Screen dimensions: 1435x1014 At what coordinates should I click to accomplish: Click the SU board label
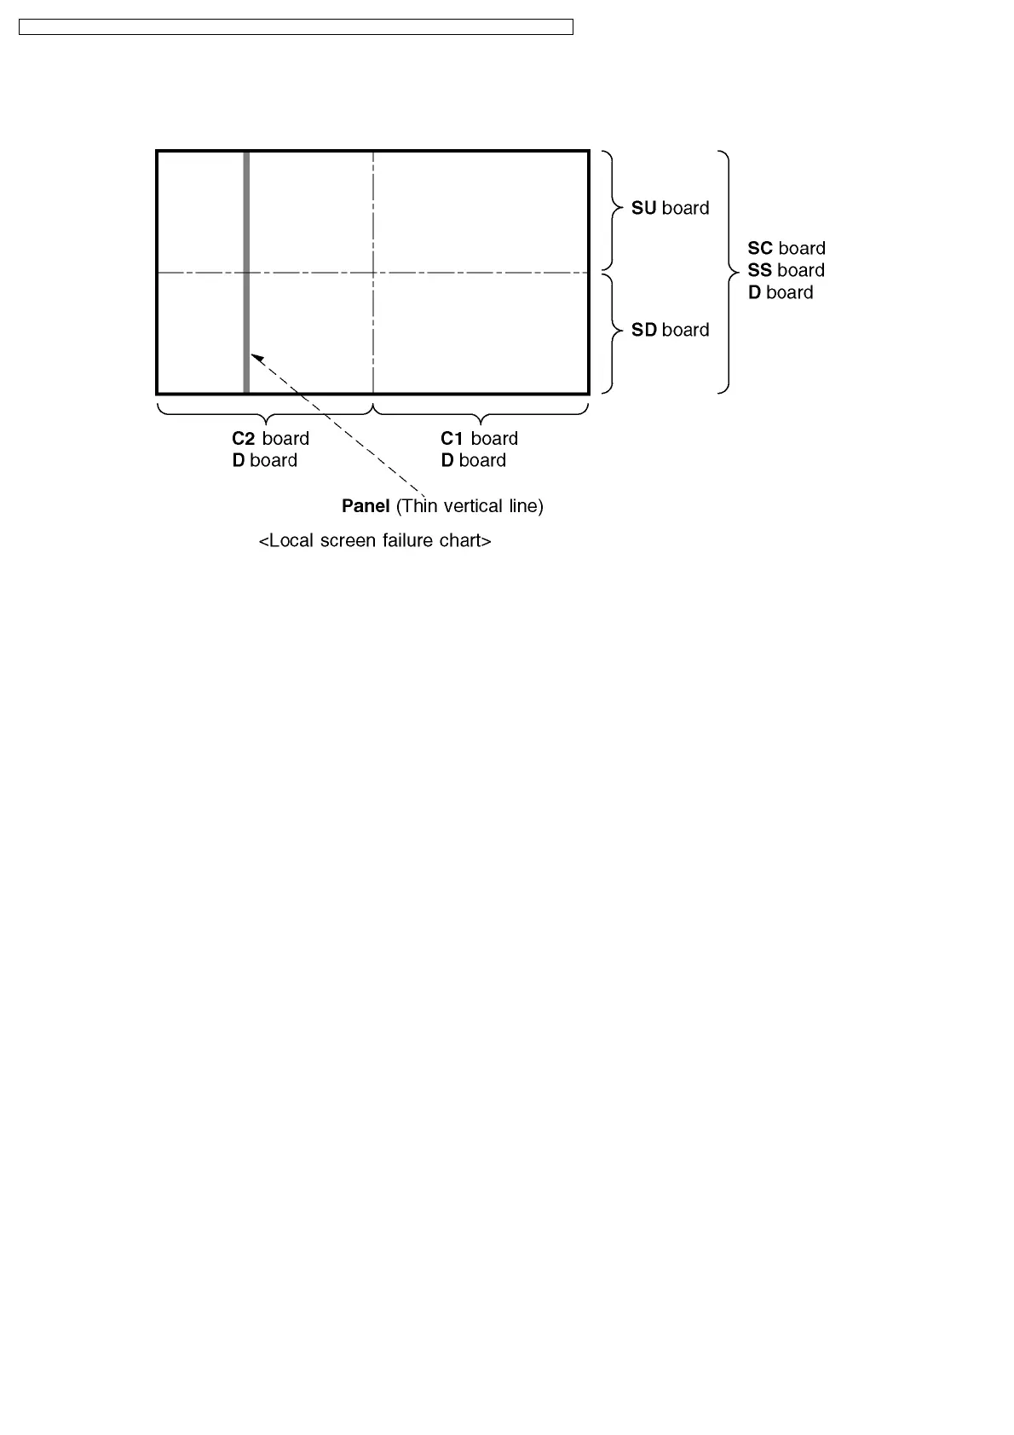[x=670, y=208]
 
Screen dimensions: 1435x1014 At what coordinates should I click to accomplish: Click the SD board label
[x=670, y=330]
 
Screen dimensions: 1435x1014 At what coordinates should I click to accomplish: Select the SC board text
[x=786, y=248]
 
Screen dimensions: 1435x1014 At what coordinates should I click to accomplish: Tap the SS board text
[x=786, y=270]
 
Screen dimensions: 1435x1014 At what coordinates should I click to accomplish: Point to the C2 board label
[x=270, y=438]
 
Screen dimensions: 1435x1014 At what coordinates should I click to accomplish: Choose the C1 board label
[x=479, y=438]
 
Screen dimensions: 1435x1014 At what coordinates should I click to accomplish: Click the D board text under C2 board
[x=264, y=460]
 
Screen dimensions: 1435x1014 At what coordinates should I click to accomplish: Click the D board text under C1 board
[x=473, y=460]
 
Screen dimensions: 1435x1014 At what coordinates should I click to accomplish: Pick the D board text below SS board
[x=781, y=292]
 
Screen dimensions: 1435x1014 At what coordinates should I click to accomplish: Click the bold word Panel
[x=366, y=506]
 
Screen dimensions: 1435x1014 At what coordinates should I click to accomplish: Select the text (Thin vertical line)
[x=470, y=506]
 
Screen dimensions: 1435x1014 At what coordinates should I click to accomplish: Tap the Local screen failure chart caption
[x=375, y=541]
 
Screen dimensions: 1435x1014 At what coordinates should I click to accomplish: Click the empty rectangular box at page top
[x=296, y=27]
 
